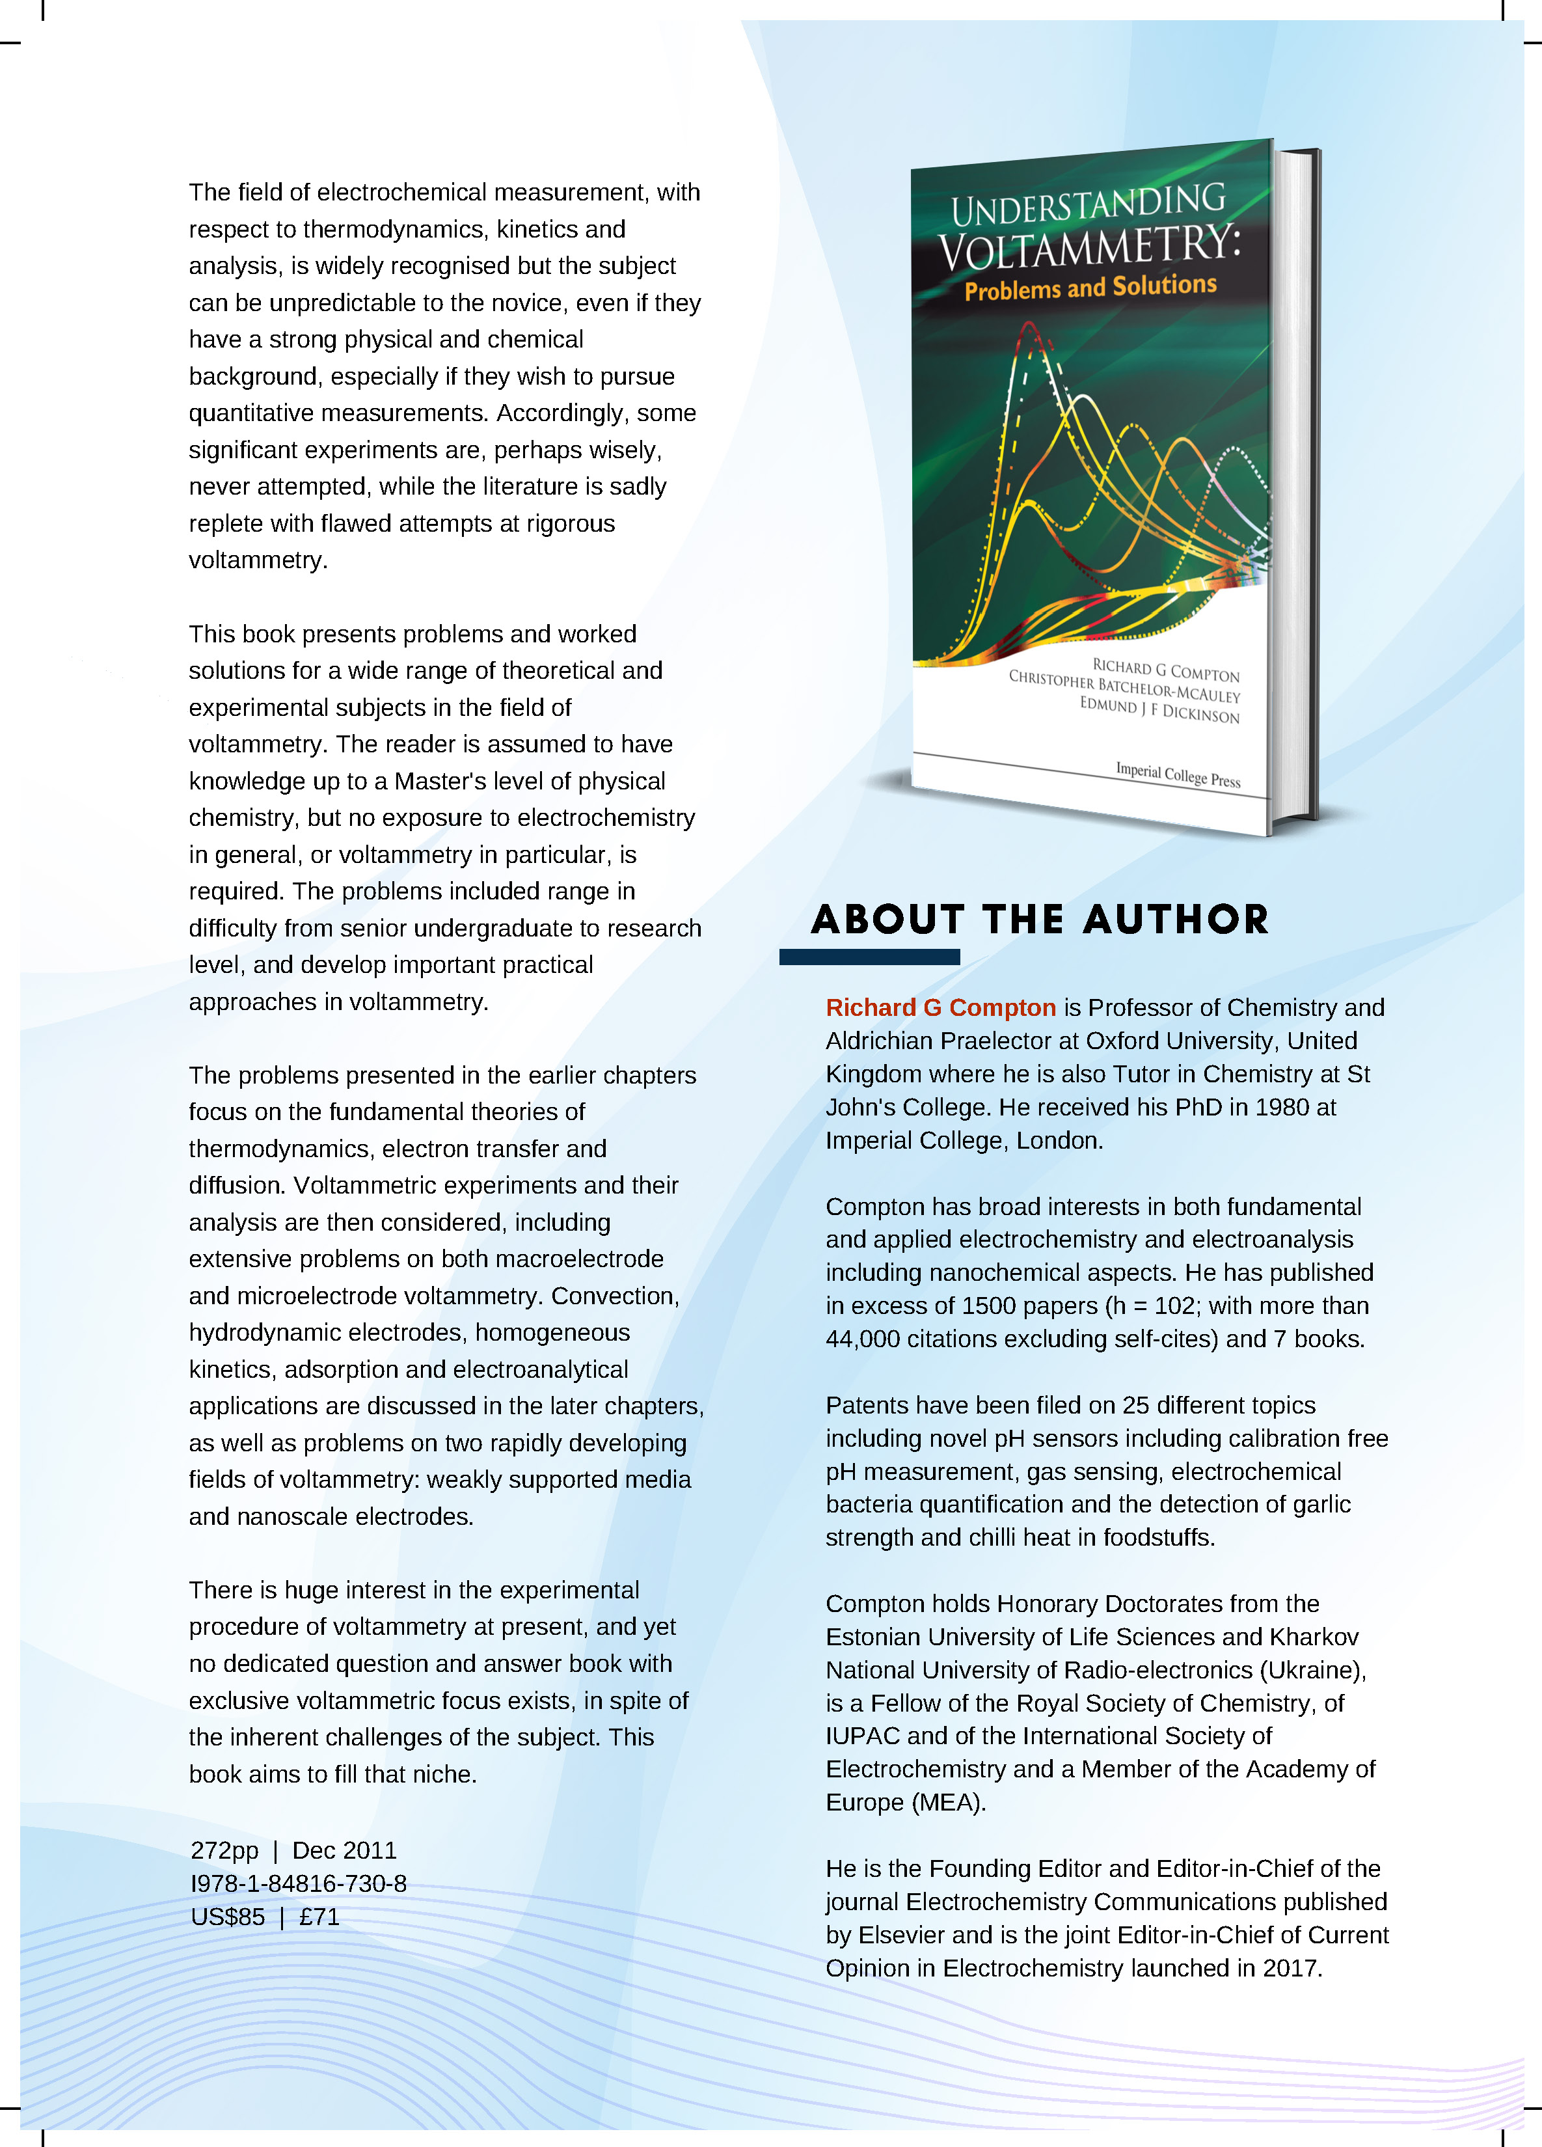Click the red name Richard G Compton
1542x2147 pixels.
tap(940, 1007)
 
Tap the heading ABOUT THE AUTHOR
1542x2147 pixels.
tap(1039, 919)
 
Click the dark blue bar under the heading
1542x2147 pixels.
tap(869, 957)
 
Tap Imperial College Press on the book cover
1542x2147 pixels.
tap(1178, 774)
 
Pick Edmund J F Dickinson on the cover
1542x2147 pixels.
tap(1159, 710)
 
